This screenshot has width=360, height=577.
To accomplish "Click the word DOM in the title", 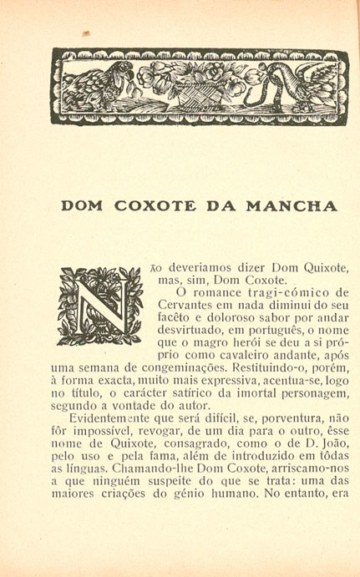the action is click(87, 205).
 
